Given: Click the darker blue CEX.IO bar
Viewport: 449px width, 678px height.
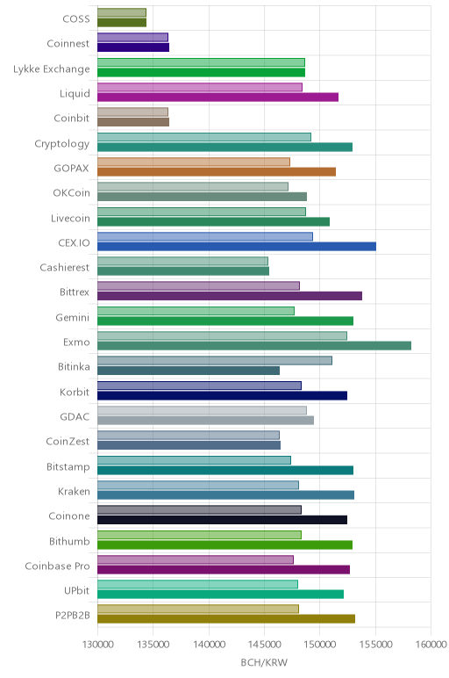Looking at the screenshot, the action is tap(237, 247).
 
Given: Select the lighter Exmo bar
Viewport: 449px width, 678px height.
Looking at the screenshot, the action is tap(222, 336).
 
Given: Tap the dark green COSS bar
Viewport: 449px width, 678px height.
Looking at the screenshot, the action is tap(122, 23).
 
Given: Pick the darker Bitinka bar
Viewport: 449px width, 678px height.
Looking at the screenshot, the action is tap(189, 371).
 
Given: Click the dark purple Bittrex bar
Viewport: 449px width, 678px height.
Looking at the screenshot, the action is tap(230, 296).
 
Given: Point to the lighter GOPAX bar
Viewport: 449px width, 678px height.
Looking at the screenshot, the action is tap(194, 162).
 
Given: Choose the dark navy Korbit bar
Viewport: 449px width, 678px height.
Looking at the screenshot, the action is tap(223, 395).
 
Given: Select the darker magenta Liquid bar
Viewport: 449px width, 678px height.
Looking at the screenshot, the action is tap(218, 97).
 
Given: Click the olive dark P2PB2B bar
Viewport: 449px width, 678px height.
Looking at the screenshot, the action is tap(226, 619).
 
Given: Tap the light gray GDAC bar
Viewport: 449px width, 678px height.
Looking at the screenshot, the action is tap(202, 410).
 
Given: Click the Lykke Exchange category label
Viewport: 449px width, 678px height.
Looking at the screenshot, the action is tap(52, 69).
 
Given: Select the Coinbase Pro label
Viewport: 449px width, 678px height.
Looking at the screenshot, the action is tap(57, 566).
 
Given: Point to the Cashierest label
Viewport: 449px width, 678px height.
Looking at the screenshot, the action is tap(64, 268).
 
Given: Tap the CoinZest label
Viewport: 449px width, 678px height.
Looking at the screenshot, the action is tap(68, 442).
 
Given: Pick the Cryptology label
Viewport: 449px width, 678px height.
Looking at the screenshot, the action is tap(61, 143).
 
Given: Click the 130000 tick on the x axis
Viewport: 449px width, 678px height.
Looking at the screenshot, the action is tap(97, 645).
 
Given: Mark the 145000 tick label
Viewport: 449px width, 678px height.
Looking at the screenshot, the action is tap(264, 645).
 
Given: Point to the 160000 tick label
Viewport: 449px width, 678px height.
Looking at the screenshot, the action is tap(431, 645).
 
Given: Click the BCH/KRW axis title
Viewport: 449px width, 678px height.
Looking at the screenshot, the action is tap(264, 662).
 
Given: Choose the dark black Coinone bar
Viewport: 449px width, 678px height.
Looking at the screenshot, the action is tap(223, 520).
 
